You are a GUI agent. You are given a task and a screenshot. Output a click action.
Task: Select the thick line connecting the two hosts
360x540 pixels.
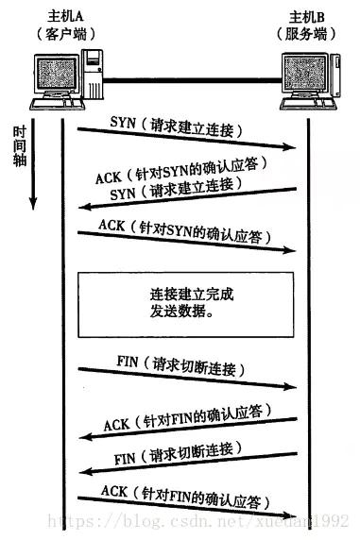(x=189, y=79)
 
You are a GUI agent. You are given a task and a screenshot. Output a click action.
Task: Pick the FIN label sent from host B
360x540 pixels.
(x=128, y=456)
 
